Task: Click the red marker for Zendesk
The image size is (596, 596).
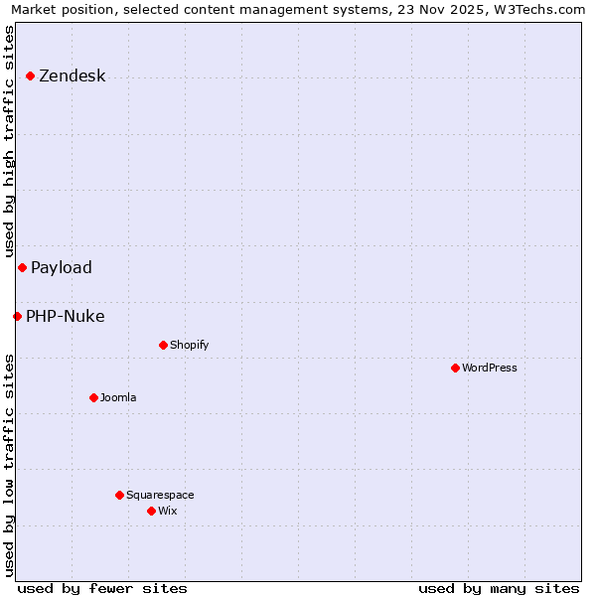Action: [x=30, y=76]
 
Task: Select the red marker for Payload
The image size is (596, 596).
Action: [x=22, y=268]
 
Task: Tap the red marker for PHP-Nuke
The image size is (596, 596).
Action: [x=17, y=317]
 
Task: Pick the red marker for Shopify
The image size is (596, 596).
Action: [x=163, y=346]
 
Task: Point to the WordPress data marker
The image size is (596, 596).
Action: [x=455, y=369]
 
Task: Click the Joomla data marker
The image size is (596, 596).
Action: [x=93, y=398]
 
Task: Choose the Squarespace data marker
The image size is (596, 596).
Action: [x=119, y=496]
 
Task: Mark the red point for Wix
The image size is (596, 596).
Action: [x=151, y=512]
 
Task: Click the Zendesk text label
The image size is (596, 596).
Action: [x=72, y=76]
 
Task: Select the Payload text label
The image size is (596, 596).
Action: [x=62, y=268]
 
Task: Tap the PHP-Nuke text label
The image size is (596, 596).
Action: [x=66, y=317]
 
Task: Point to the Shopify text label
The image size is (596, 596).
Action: [x=190, y=346]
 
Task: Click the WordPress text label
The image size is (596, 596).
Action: [x=490, y=369]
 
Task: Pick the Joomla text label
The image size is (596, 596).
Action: [x=118, y=398]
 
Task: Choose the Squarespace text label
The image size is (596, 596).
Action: [x=160, y=496]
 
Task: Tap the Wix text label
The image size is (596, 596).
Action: [x=167, y=512]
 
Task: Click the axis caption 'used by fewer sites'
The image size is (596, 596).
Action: [x=102, y=588]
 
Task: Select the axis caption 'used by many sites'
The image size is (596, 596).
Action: [x=499, y=588]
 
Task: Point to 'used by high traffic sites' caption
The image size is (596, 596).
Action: [x=10, y=141]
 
